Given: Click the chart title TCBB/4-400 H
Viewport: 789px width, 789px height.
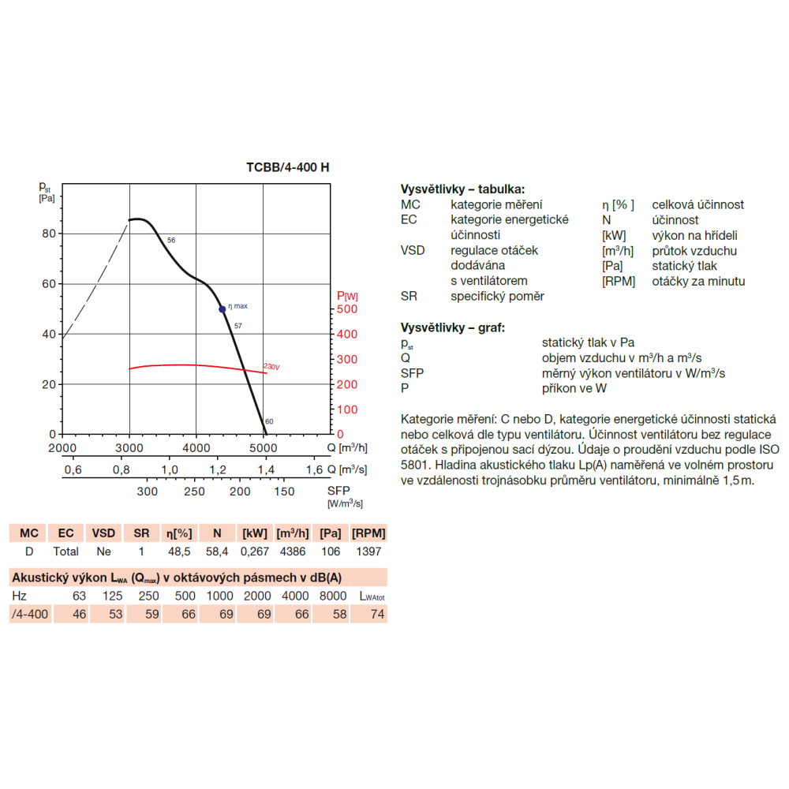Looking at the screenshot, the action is [x=287, y=167].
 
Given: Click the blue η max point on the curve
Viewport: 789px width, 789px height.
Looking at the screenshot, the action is [x=222, y=309].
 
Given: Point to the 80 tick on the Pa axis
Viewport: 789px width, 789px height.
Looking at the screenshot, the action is [x=49, y=234].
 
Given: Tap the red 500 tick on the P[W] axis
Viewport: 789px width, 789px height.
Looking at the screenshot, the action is [x=346, y=309].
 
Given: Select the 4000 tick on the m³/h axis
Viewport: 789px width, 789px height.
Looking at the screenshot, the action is [x=196, y=448].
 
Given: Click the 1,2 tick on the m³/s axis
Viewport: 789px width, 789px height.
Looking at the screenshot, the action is [x=218, y=470].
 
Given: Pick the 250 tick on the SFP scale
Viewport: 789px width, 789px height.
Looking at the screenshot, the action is [x=194, y=492].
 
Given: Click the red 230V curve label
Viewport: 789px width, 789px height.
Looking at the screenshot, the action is [x=271, y=366].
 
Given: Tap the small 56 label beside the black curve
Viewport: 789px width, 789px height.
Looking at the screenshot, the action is [x=171, y=240].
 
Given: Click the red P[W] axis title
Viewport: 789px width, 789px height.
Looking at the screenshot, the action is [x=347, y=296].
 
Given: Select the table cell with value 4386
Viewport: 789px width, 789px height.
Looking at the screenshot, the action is [x=293, y=552].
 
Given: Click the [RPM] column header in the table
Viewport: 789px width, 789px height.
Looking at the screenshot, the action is [x=368, y=533].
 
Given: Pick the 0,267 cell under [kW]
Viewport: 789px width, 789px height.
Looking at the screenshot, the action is [x=255, y=552].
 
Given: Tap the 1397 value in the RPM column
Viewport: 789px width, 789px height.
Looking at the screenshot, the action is [x=368, y=552].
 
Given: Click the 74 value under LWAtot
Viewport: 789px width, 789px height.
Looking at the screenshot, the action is [x=377, y=614].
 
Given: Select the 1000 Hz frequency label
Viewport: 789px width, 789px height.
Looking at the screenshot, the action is [x=220, y=596].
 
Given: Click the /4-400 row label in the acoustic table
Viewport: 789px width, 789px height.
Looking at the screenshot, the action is [x=30, y=614].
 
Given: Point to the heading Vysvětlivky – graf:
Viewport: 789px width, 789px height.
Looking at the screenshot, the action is [x=453, y=327].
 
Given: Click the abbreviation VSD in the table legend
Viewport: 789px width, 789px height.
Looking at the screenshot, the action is [x=413, y=250].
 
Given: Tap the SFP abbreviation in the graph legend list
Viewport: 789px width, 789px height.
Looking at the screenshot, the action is [x=412, y=373].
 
